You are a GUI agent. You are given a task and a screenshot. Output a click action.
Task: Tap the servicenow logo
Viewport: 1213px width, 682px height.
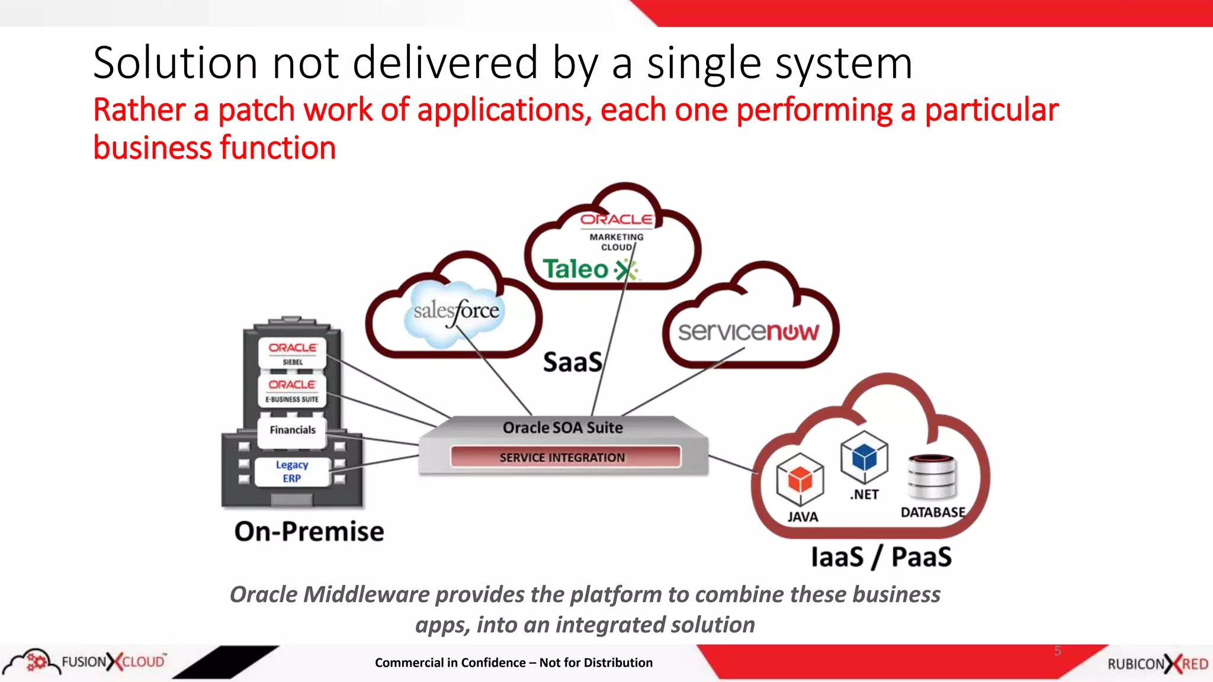[x=749, y=332]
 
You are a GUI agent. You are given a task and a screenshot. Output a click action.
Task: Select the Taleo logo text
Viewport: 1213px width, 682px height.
[x=576, y=269]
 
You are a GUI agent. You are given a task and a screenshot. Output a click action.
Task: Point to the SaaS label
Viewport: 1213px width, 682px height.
[x=572, y=362]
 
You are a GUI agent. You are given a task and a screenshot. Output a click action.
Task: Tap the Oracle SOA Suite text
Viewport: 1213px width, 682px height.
[x=563, y=427]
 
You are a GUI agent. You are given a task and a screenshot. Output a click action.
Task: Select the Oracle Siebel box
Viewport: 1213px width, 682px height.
[x=293, y=353]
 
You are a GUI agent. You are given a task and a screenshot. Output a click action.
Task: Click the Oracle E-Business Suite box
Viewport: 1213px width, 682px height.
[x=293, y=391]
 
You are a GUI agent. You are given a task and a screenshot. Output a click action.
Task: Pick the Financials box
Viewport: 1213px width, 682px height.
[x=293, y=430]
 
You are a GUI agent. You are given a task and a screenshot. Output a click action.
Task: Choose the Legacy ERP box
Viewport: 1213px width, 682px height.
[x=292, y=472]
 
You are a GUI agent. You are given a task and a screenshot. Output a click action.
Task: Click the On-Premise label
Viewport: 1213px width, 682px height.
[x=309, y=532]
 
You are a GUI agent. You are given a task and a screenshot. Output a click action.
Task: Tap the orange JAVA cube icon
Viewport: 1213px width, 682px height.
[x=800, y=480]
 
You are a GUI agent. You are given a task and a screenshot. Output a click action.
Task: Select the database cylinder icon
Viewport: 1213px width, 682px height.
[x=932, y=477]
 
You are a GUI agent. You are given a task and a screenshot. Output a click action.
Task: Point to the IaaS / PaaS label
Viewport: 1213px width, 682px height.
[x=881, y=557]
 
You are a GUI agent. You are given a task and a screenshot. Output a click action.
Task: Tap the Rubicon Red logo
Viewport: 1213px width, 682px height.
[x=1157, y=664]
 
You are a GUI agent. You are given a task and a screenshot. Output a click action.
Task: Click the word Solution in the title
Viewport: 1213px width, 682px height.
[x=175, y=63]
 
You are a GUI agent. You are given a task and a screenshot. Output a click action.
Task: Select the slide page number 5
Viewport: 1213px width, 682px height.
[x=1058, y=651]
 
